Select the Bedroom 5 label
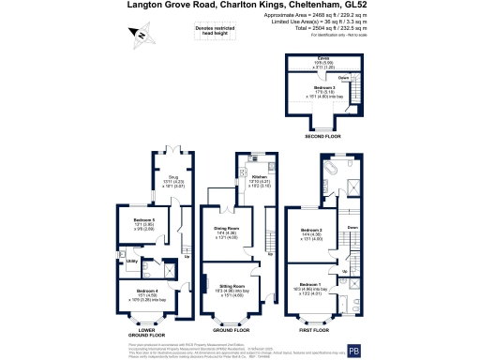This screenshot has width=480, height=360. [x=130, y=220]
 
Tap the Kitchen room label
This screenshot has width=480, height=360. [x=260, y=175]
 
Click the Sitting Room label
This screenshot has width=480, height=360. [x=231, y=285]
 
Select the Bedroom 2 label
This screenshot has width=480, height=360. [x=310, y=230]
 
